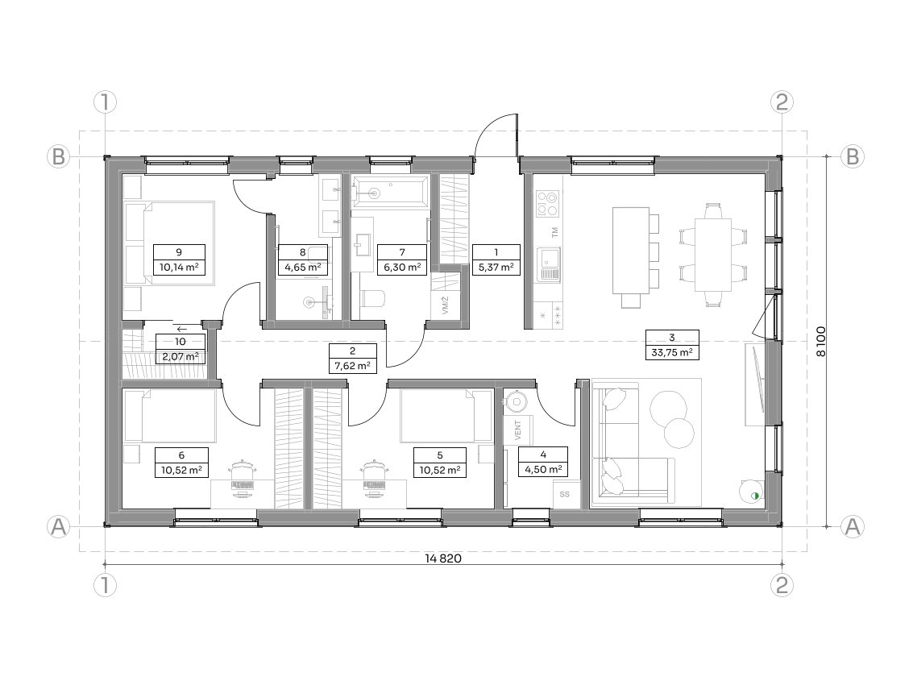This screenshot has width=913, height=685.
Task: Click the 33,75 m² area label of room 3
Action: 672,352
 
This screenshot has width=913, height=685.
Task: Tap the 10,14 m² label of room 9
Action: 180,268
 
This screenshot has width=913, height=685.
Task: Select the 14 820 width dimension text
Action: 443,558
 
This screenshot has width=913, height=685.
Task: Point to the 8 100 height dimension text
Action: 820,342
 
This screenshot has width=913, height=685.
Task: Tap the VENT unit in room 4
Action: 518,430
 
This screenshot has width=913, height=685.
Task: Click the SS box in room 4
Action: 564,495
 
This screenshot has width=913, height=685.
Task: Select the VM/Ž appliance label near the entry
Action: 446,305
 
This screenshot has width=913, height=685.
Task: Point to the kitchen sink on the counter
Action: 549,264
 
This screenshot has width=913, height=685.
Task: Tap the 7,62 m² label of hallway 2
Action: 353,367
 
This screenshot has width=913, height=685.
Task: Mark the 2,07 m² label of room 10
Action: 180,356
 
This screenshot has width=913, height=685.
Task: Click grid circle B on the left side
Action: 58,156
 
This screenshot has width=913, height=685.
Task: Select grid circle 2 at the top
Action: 782,102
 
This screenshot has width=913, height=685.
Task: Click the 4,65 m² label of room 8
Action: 303,268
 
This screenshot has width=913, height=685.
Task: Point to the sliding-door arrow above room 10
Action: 181,329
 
